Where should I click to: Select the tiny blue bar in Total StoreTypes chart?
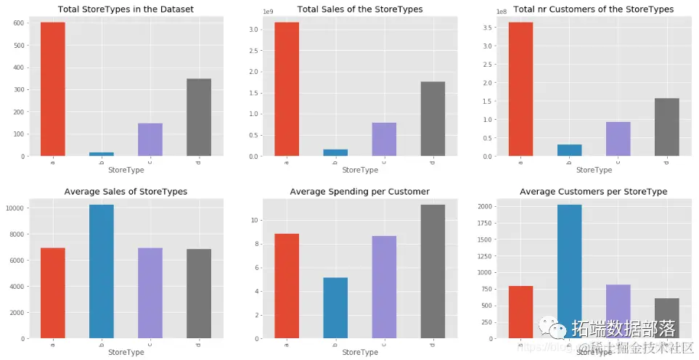[x=102, y=153]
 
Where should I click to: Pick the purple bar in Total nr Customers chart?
[x=618, y=139]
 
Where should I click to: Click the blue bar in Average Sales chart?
[x=102, y=271]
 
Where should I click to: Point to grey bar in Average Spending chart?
[x=432, y=271]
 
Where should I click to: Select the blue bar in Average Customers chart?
[x=569, y=271]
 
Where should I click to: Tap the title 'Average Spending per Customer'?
[x=359, y=192]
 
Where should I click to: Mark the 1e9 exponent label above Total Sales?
[x=268, y=12]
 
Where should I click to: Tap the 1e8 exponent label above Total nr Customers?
[x=502, y=12]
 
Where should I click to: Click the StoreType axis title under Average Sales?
[x=126, y=353]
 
